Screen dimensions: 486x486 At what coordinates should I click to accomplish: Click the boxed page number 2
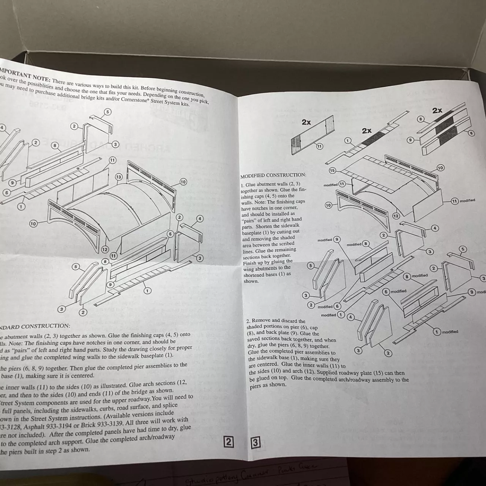pos(229,442)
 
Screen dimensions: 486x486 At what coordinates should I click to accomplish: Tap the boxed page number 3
pos(256,443)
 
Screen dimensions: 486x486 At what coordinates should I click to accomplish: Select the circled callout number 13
pos(118,177)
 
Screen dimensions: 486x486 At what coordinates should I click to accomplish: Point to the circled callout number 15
pos(332,170)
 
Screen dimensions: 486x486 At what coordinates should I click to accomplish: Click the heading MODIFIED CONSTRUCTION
pos(273,175)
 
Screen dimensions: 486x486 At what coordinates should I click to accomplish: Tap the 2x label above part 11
pos(306,122)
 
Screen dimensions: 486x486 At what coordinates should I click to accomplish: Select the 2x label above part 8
pos(437,110)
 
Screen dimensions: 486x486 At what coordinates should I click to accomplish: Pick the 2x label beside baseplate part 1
pos(366,131)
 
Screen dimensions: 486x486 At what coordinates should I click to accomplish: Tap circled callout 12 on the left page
pos(104,249)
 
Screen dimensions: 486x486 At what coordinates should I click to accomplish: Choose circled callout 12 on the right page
pos(396,216)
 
